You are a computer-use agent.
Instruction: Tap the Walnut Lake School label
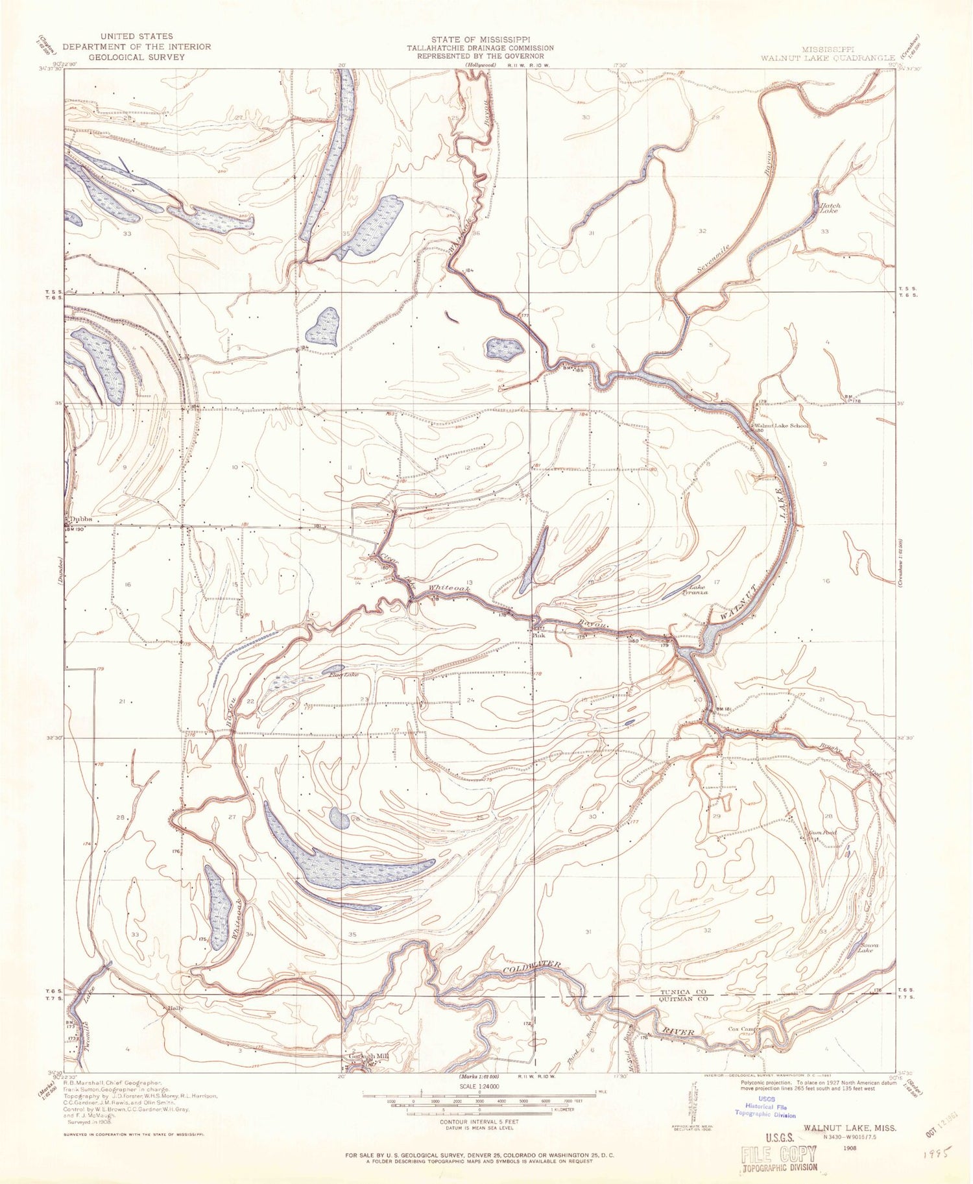tap(782, 426)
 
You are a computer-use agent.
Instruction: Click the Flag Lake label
tap(343, 675)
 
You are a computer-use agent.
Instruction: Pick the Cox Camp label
tap(743, 1030)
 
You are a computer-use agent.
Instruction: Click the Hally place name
tap(173, 1008)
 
